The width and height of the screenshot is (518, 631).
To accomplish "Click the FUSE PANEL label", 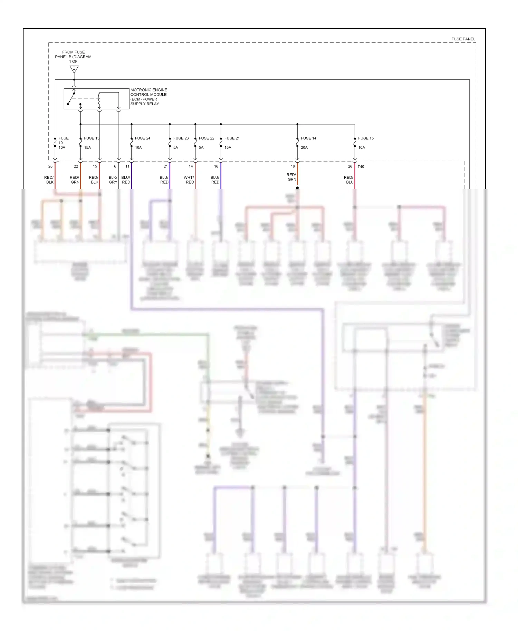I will click(463, 39).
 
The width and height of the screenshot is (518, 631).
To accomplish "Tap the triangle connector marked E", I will click(74, 69).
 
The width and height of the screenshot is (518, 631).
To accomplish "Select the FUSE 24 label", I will click(142, 138).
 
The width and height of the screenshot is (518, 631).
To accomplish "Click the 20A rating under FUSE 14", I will click(304, 147).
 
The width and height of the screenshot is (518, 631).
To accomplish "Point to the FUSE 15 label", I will click(366, 138).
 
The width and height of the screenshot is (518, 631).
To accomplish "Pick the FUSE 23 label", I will click(181, 138).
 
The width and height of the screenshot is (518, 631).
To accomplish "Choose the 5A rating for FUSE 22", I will click(201, 147).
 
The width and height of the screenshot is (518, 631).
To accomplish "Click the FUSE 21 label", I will click(232, 138).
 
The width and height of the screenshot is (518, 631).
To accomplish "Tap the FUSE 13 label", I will click(92, 138).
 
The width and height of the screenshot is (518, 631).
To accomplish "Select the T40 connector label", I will click(361, 167).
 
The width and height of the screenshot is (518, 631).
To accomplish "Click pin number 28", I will click(50, 166).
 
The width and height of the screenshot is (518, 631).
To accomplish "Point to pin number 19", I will click(293, 166).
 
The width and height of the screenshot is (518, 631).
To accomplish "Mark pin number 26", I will click(350, 166).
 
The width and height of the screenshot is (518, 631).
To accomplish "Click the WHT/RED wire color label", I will click(189, 180).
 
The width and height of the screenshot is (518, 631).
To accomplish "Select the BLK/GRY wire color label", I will click(113, 180).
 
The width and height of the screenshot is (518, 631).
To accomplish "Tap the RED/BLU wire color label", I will click(349, 180).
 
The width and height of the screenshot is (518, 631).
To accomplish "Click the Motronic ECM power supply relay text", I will click(148, 97).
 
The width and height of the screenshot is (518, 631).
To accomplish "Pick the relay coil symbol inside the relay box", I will click(99, 99).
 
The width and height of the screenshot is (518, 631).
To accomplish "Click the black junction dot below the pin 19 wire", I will click(297, 188).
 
